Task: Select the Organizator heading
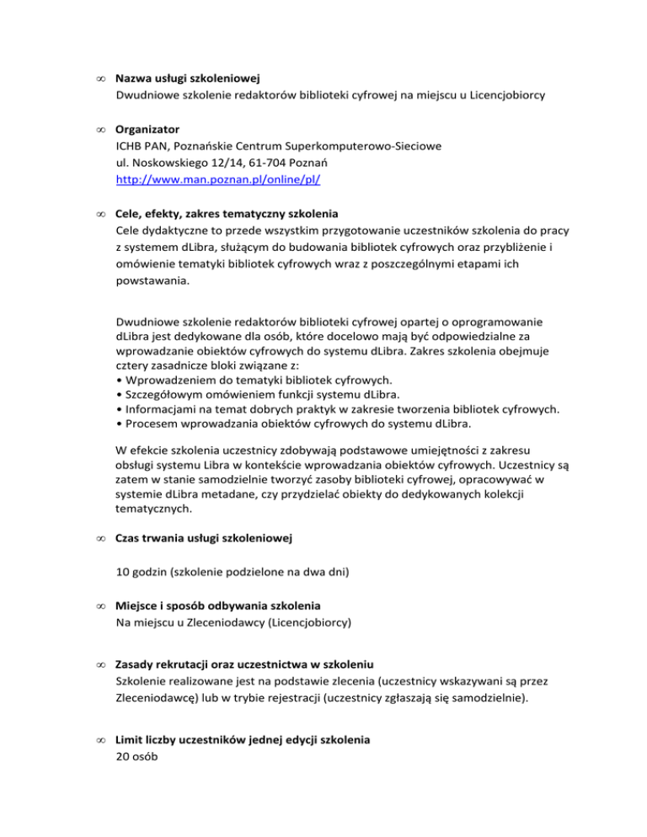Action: pyautogui.click(x=147, y=130)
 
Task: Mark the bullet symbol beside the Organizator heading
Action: pyautogui.click(x=100, y=131)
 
